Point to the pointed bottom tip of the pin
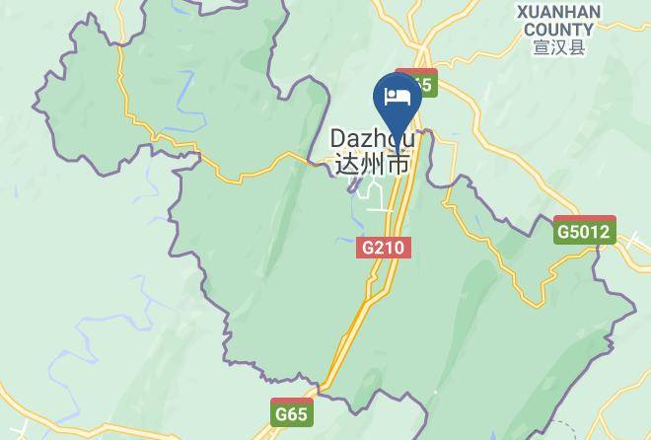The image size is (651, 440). pyautogui.click(x=398, y=156)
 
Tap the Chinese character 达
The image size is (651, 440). pyautogui.click(x=347, y=164)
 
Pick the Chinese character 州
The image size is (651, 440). pyautogui.click(x=372, y=164)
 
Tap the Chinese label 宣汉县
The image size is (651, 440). pyautogui.click(x=558, y=47)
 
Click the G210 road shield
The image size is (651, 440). pyautogui.click(x=383, y=248)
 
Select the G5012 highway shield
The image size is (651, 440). pyautogui.click(x=584, y=233)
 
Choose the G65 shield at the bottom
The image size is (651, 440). pyautogui.click(x=291, y=413)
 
